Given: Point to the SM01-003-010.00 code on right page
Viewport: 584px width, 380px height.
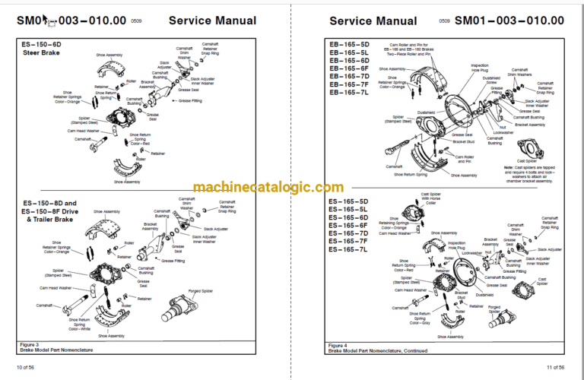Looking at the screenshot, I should (509, 21).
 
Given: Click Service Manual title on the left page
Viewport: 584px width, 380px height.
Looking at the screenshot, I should (211, 21).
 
